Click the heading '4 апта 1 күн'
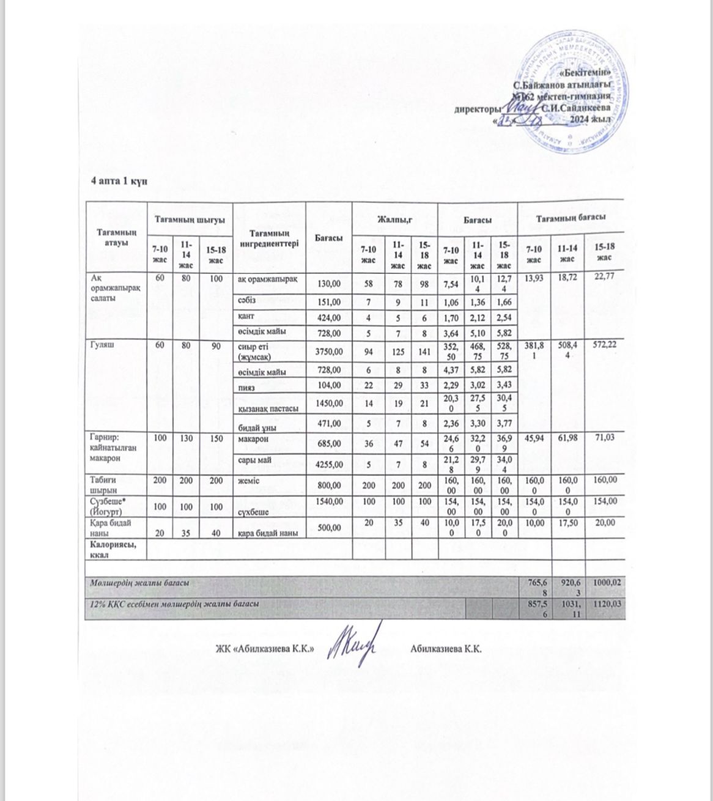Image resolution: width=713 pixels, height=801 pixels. click(117, 182)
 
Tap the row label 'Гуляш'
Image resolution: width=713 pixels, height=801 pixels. click(102, 344)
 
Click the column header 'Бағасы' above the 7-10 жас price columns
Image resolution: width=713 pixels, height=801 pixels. click(478, 218)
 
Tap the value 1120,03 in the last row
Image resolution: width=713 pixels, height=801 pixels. click(605, 604)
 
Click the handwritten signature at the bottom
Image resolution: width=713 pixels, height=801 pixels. click(353, 645)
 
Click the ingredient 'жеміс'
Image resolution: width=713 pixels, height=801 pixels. click(248, 481)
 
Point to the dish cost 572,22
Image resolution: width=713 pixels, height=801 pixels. click(605, 345)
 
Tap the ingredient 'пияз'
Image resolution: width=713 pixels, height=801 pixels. click(247, 388)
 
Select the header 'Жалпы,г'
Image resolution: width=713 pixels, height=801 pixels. click(394, 218)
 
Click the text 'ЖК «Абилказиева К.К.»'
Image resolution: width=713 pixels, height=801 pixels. click(264, 648)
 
